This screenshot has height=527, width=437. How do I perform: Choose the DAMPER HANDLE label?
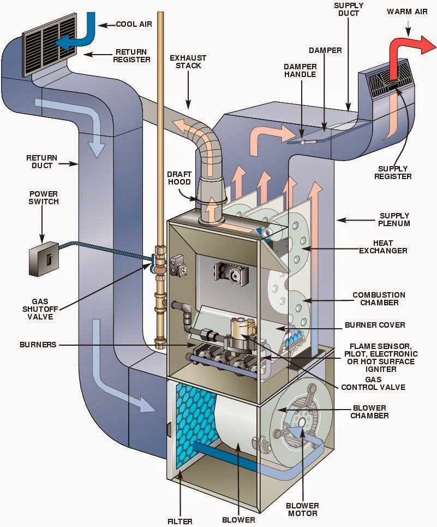(300, 70)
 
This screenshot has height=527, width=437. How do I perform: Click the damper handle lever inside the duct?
(302, 141)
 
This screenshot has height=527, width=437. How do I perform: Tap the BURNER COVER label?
(374, 325)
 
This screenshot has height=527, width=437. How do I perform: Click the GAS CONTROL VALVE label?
(373, 383)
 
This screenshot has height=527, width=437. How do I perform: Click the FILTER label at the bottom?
(180, 520)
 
